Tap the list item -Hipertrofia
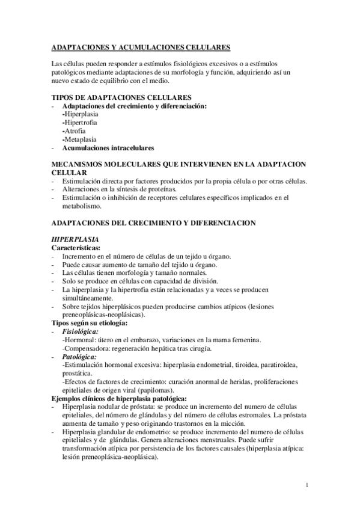coord(79,122)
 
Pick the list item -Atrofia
coord(74,131)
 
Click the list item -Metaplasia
coord(79,139)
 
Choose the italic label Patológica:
coord(79,356)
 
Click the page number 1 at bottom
coord(307,485)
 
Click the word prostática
coord(78,373)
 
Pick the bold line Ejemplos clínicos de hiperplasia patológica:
coord(119,398)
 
